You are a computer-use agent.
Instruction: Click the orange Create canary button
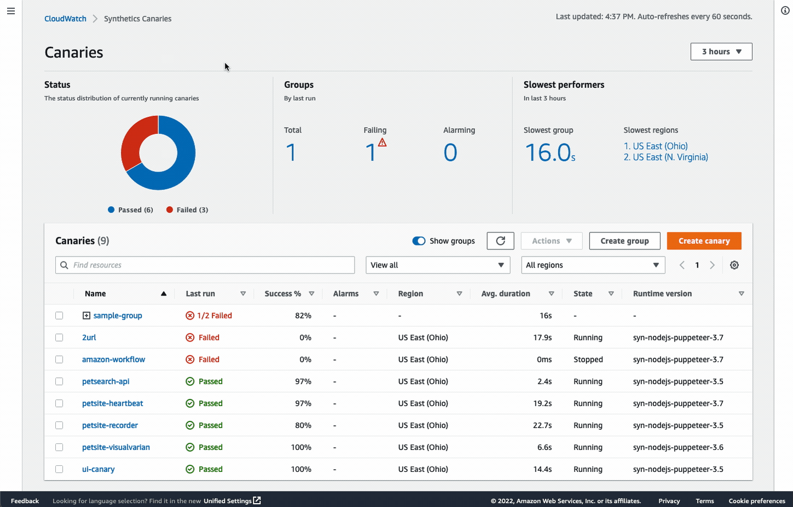(x=704, y=241)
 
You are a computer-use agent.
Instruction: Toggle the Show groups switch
(x=419, y=241)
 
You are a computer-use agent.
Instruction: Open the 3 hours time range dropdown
(x=721, y=52)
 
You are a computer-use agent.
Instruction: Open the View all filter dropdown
(x=437, y=265)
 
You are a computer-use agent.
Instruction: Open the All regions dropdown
(x=593, y=265)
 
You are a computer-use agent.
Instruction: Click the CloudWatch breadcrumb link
(x=65, y=19)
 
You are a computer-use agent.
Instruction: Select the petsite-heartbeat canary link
(x=112, y=403)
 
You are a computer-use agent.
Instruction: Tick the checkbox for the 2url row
(x=59, y=338)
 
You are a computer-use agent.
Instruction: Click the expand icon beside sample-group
(x=86, y=316)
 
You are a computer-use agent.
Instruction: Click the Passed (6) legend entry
(x=130, y=210)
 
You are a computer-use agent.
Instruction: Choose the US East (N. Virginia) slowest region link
(x=665, y=157)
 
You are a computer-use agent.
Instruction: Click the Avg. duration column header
(x=505, y=294)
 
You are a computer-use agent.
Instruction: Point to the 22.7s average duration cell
(x=542, y=425)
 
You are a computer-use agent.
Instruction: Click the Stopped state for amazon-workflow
(x=588, y=360)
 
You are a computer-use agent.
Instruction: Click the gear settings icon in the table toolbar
(x=734, y=265)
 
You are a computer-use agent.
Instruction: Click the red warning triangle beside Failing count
(x=383, y=143)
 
